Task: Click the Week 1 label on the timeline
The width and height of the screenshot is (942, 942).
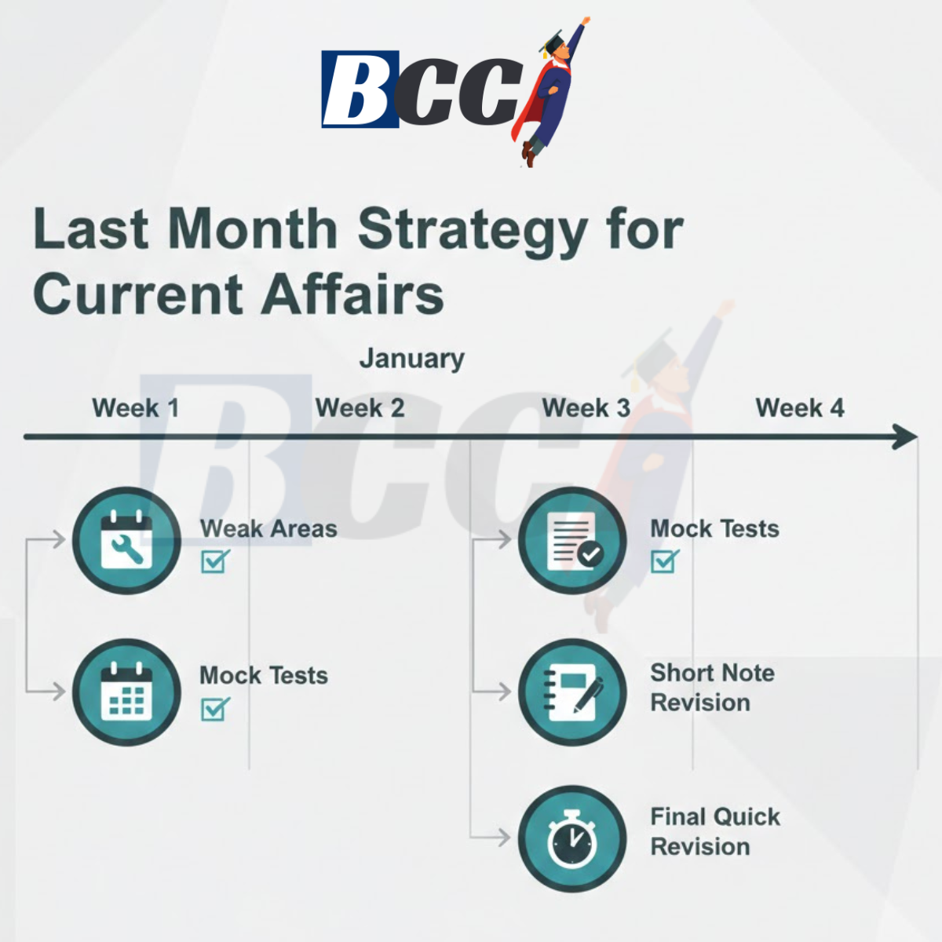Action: pos(135,408)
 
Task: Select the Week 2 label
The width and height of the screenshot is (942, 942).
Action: pos(360,408)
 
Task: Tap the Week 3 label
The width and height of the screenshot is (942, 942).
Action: pos(586,408)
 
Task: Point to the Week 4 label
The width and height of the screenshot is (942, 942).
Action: pos(799,408)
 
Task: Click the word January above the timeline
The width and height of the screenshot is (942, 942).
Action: pos(411,359)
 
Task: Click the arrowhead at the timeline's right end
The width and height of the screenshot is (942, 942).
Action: pos(906,437)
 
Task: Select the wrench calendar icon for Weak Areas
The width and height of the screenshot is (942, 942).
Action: pos(126,540)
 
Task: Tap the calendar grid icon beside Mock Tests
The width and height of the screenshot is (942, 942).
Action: pos(126,692)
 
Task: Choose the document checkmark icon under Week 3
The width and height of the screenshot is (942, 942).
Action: pos(572,540)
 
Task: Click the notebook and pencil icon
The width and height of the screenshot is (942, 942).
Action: pos(572,692)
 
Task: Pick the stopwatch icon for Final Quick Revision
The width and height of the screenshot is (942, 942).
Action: pos(572,838)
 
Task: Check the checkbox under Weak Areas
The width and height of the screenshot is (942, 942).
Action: pos(214,561)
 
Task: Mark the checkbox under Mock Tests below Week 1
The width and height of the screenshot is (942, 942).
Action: pos(214,709)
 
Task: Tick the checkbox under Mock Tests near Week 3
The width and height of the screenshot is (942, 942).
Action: pos(664,561)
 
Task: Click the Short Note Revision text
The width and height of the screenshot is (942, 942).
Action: pos(711,688)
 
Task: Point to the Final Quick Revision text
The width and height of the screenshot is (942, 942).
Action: pos(714,832)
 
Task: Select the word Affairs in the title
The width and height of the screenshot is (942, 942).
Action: pos(352,295)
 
